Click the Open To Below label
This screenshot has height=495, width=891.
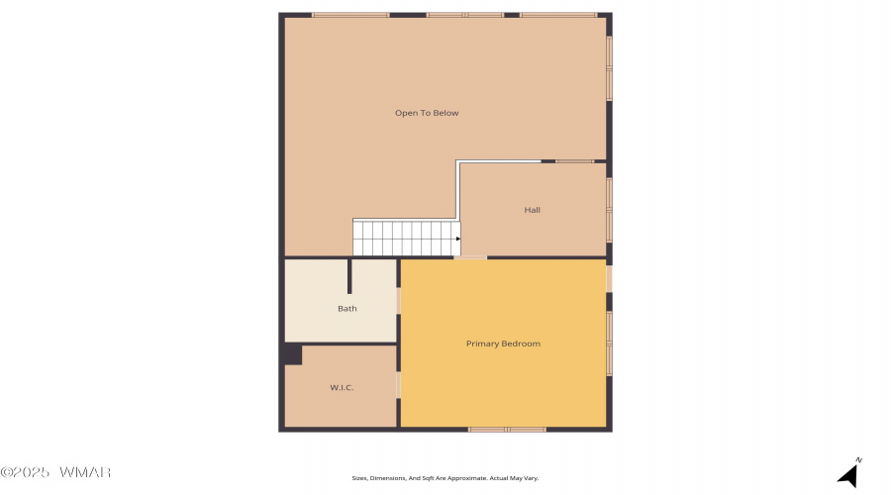tap(427, 113)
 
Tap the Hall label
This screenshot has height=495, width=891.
tap(532, 210)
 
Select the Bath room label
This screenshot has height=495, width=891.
tap(347, 309)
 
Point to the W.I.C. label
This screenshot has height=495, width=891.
tap(342, 388)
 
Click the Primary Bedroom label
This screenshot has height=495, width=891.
tap(503, 344)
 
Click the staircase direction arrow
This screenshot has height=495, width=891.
tap(458, 239)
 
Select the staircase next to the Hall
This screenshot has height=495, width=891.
tap(406, 239)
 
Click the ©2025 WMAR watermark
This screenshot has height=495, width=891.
tap(55, 472)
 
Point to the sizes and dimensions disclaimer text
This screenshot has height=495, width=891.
tap(445, 478)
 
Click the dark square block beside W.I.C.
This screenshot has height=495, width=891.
tap(292, 354)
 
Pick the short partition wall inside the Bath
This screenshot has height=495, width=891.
tap(349, 276)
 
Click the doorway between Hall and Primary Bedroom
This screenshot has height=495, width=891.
tap(470, 257)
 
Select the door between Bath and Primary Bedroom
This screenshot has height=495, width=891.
tap(398, 300)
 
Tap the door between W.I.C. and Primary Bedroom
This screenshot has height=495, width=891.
tap(398, 385)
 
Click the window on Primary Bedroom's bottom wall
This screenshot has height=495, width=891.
tap(507, 430)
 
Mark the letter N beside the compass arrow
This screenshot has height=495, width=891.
tap(858, 459)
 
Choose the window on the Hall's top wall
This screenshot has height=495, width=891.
tap(574, 161)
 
